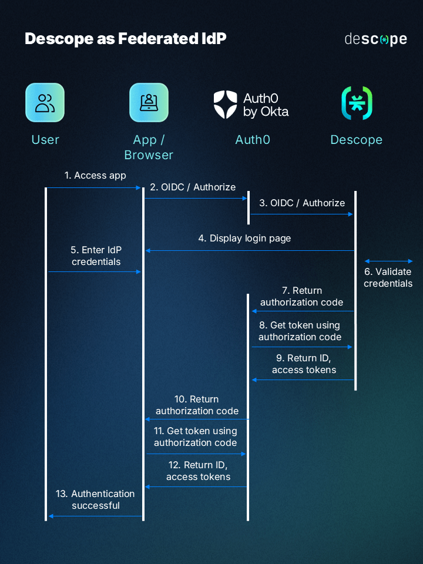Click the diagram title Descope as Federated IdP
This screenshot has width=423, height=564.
(126, 39)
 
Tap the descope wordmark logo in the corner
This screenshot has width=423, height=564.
(376, 39)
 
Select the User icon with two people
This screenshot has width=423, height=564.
(45, 102)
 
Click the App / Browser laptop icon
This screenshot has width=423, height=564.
(149, 102)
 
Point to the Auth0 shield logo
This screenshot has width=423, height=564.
(226, 105)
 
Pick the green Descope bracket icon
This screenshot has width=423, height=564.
(357, 103)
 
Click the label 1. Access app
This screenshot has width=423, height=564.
(95, 176)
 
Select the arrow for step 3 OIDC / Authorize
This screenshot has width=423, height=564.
(302, 214)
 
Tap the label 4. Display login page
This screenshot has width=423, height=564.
(244, 239)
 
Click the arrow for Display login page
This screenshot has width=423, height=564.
(250, 250)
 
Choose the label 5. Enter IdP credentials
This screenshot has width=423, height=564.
(96, 256)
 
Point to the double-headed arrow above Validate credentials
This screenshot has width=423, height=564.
(388, 261)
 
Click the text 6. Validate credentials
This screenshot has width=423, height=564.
(388, 277)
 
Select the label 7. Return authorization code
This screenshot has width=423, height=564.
(302, 296)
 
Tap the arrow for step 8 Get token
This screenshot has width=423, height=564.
(302, 347)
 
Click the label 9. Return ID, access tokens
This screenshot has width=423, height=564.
(304, 364)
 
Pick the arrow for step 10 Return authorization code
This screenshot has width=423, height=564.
(197, 419)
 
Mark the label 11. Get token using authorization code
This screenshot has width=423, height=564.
(195, 437)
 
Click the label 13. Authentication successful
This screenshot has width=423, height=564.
(95, 499)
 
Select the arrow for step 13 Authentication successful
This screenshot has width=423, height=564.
(95, 516)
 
